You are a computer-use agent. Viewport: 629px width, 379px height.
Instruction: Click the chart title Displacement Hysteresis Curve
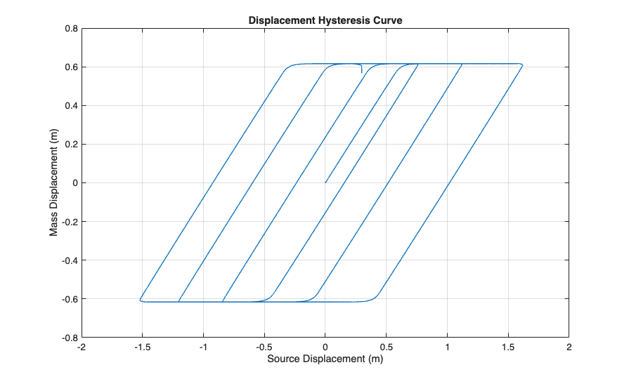click(325, 20)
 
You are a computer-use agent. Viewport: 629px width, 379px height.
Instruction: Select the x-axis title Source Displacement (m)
click(325, 359)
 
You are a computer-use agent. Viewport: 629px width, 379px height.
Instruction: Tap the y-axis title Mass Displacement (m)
click(54, 183)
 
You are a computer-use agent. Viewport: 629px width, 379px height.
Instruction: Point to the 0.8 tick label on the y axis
click(70, 29)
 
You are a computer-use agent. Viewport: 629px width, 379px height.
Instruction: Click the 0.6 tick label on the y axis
click(70, 67)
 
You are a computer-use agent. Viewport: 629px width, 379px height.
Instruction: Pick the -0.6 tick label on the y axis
click(68, 299)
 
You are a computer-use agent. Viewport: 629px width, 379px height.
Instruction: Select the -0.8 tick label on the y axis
click(68, 338)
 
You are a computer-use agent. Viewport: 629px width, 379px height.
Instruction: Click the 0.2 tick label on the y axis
click(70, 145)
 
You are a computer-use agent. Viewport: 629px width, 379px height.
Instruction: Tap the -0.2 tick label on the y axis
click(68, 222)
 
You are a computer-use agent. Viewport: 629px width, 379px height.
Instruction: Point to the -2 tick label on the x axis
click(82, 347)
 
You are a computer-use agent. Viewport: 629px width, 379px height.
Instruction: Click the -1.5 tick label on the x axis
click(142, 347)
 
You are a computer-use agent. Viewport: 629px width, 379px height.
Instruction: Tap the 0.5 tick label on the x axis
click(386, 347)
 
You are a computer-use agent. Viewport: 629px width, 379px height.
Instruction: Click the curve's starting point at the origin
click(325, 182)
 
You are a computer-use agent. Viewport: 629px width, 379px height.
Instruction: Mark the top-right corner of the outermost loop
click(522, 65)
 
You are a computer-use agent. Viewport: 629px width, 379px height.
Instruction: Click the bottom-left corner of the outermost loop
click(141, 300)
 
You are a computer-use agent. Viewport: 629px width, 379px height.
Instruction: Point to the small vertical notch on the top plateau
click(361, 69)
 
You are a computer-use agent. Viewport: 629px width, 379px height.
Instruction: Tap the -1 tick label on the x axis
click(203, 347)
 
